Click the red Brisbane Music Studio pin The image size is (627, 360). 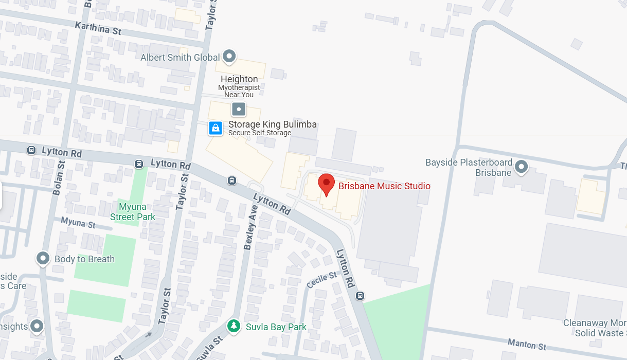326,184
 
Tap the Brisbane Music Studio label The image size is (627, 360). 384,186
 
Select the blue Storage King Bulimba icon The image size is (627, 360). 216,128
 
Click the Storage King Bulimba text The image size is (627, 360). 272,124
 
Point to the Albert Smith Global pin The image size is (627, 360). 229,57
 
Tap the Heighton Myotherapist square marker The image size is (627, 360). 239,109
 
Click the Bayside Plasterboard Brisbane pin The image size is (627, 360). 522,167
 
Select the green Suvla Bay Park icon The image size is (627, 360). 234,326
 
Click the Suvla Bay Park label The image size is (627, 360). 276,327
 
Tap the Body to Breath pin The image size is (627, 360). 43,258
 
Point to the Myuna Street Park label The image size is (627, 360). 133,212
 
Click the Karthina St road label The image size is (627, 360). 98,28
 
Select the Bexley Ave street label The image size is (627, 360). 250,227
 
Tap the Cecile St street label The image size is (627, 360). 321,280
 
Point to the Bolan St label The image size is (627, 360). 58,177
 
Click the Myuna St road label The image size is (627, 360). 78,223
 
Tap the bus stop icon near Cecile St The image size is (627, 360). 360,295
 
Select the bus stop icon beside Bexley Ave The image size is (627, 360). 232,180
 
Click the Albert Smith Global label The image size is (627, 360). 180,58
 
